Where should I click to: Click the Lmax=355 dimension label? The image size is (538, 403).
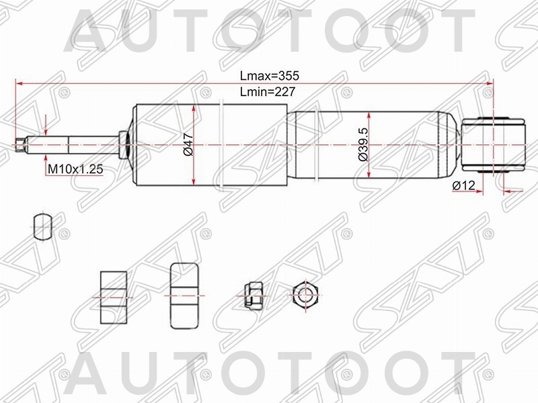(268, 77)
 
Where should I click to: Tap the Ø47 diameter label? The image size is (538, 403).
(188, 144)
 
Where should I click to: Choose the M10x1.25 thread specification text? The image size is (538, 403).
(74, 169)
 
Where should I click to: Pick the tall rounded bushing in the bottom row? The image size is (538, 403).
(184, 296)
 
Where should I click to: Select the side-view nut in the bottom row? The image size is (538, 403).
(250, 295)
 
